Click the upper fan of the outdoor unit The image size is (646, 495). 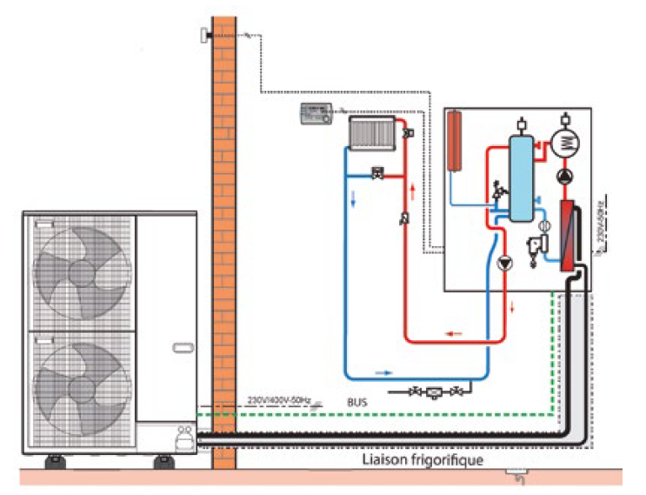point(80,271)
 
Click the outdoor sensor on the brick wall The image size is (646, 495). point(205,34)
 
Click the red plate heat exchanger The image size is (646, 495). point(568,236)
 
